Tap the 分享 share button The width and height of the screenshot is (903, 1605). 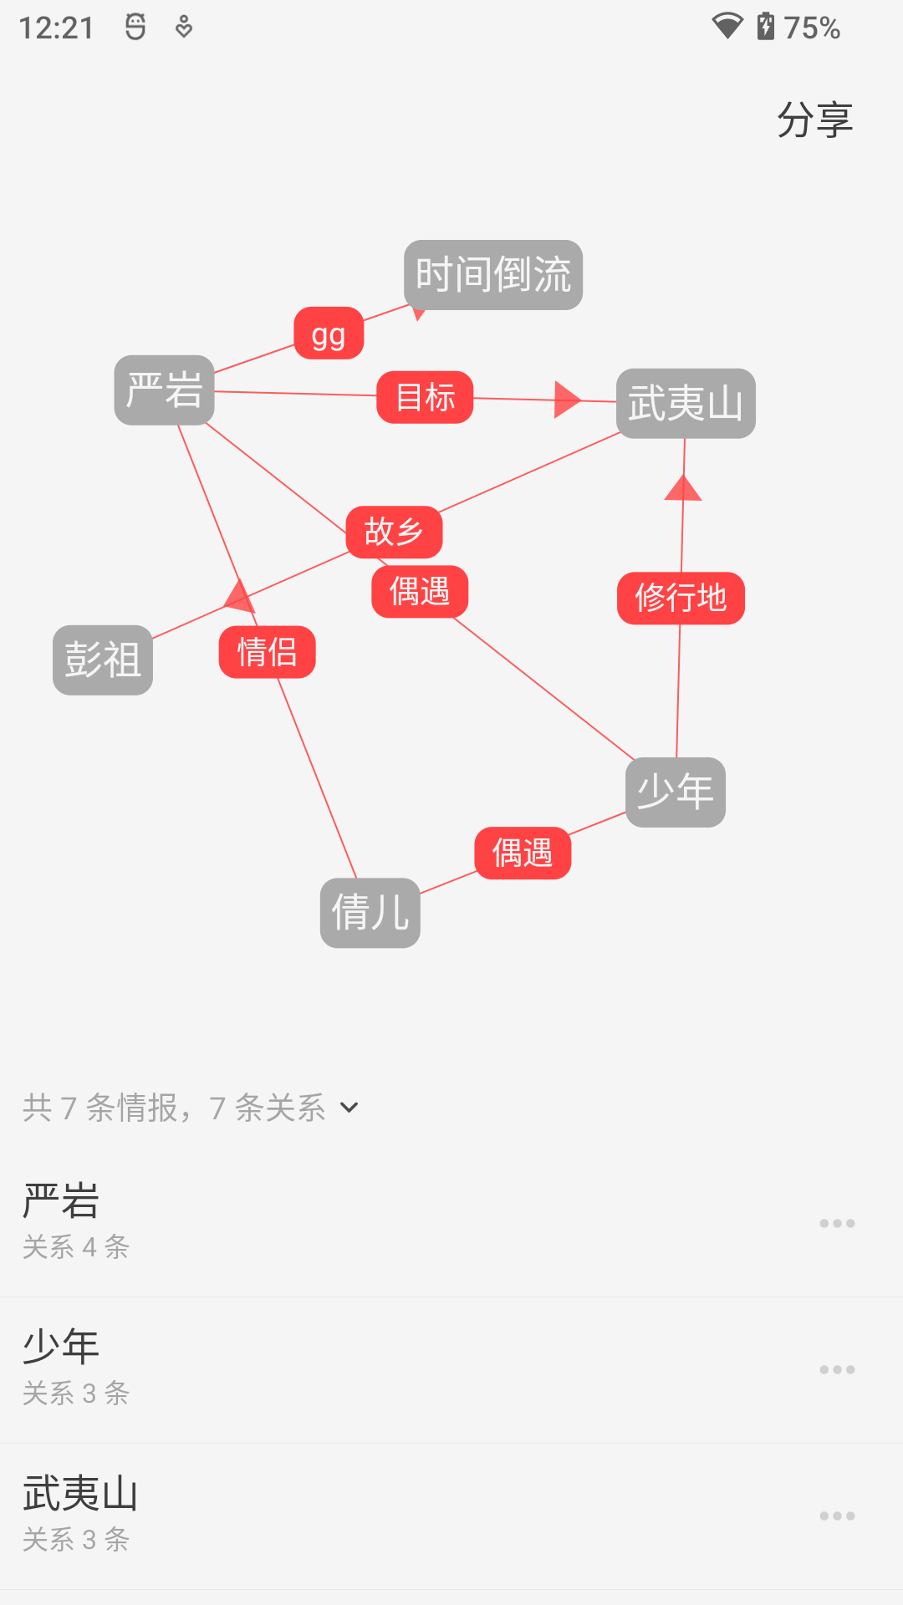814,120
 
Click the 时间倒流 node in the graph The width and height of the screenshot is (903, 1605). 493,275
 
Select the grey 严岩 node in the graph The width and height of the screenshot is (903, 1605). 164,390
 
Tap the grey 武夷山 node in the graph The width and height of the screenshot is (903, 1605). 686,404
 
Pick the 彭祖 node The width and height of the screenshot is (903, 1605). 103,660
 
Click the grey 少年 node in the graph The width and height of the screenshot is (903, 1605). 676,792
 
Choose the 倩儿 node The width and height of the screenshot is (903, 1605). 370,913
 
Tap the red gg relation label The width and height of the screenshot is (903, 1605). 329,334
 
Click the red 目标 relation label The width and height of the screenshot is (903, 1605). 425,397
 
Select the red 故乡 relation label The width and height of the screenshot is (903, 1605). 394,532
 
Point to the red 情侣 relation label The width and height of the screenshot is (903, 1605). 268,652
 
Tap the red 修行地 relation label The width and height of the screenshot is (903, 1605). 681,598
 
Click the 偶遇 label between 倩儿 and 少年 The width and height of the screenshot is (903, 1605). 523,853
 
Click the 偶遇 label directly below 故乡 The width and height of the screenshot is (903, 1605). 420,592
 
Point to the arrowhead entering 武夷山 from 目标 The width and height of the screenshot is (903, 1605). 566,400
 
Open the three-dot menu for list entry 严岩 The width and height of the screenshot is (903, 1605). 837,1224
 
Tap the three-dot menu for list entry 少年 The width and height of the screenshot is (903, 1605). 837,1370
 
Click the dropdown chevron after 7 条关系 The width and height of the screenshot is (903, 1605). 349,1108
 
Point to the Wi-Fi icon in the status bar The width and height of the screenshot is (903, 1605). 727,26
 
